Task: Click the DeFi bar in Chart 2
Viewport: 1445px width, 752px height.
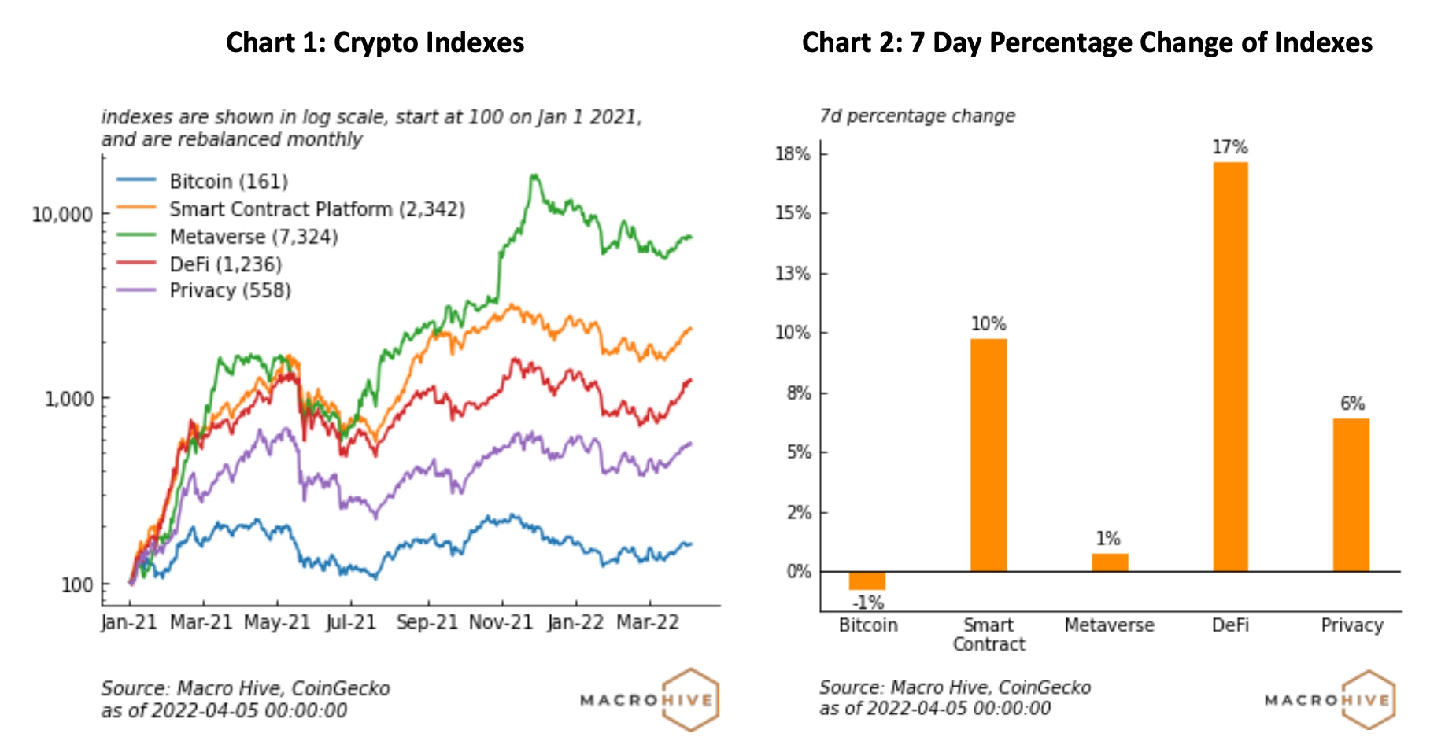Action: point(1230,367)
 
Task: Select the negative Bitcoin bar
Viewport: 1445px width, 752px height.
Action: point(867,581)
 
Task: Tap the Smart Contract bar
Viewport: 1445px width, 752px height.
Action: point(989,455)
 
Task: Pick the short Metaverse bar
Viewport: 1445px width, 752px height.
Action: point(1110,562)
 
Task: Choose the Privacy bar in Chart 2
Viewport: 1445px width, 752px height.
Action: point(1351,495)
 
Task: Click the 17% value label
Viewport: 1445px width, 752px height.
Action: point(1230,148)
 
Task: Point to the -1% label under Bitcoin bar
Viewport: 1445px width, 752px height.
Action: point(868,603)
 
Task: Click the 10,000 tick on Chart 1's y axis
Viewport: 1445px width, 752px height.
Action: point(62,214)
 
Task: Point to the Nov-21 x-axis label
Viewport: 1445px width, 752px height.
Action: point(501,622)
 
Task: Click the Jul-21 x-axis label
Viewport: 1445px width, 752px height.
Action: point(351,622)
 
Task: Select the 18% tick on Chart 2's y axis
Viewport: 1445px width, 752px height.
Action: point(793,154)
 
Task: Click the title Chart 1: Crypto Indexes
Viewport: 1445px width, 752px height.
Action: point(375,42)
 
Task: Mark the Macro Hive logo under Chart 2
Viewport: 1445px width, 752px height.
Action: point(1330,699)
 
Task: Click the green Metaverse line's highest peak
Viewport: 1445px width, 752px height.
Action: point(534,175)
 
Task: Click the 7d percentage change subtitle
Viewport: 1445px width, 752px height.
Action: point(917,116)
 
